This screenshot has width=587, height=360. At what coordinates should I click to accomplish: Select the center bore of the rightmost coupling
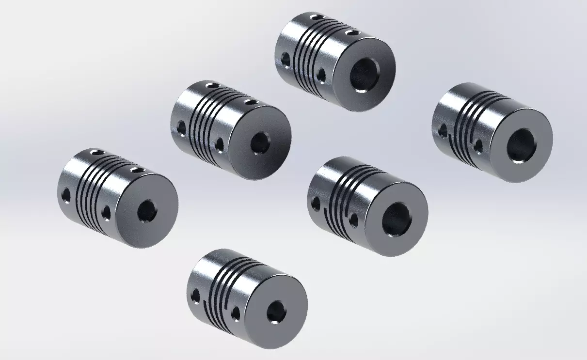[521, 144]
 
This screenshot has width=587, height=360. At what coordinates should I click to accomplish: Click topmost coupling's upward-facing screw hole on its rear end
[316, 17]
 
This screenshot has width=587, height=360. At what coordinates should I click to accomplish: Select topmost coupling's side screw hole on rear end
[286, 60]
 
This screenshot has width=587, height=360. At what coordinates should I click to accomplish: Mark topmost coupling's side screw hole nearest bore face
[322, 76]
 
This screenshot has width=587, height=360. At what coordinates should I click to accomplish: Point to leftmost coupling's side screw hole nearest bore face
[107, 211]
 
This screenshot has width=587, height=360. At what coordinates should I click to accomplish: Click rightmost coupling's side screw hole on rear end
[443, 130]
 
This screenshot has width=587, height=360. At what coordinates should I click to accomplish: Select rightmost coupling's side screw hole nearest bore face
[478, 145]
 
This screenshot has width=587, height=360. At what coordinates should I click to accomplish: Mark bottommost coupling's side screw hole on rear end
[196, 295]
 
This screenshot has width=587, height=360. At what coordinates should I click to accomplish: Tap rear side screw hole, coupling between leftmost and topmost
[181, 127]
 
